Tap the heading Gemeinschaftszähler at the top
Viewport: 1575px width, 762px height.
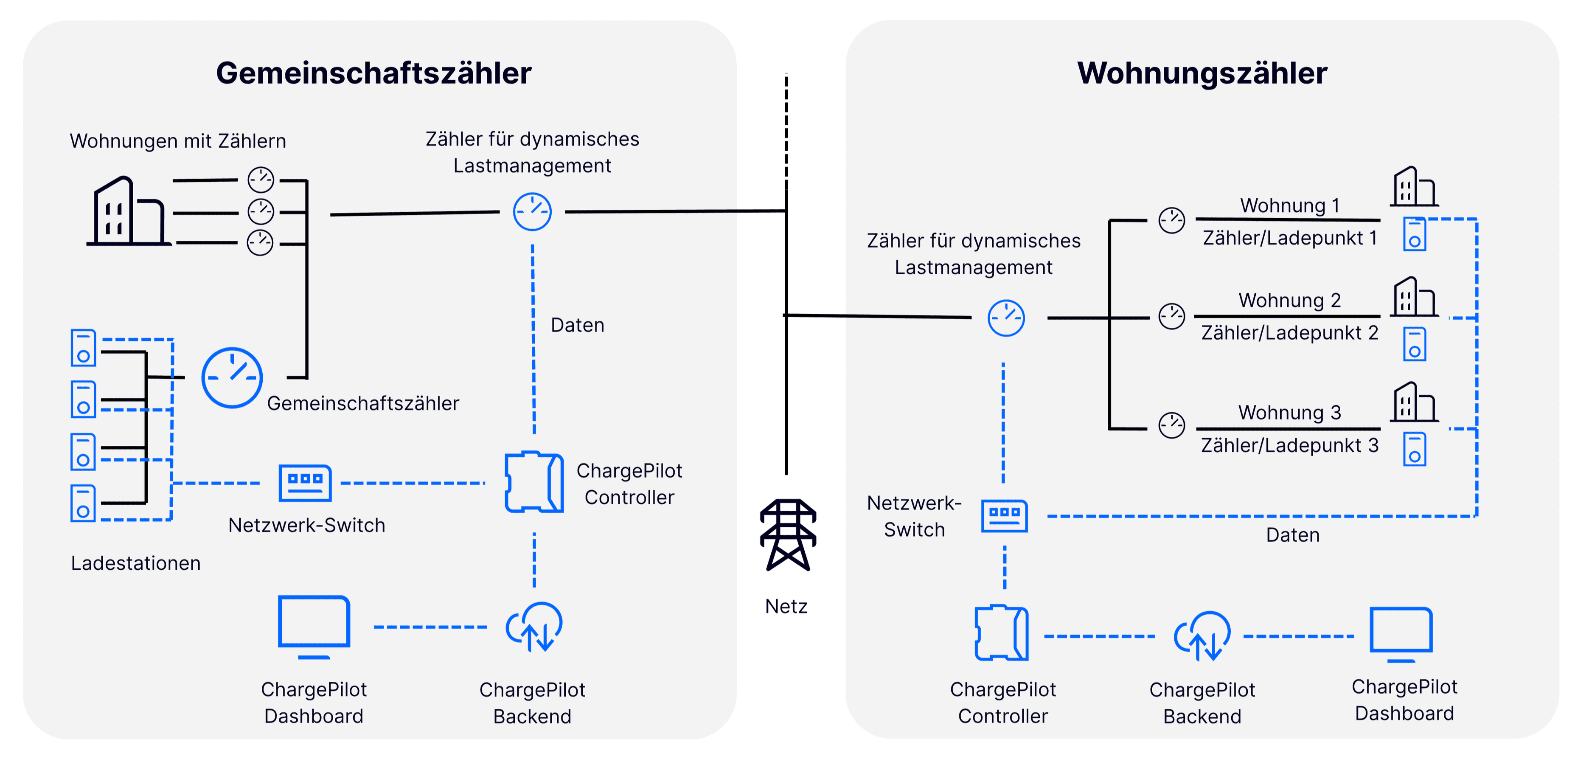pyautogui.click(x=373, y=73)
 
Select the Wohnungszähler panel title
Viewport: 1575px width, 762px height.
pyautogui.click(x=1202, y=73)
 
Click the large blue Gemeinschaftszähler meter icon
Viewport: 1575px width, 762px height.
pyautogui.click(x=232, y=378)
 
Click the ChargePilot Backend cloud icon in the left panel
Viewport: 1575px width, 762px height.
pyautogui.click(x=534, y=627)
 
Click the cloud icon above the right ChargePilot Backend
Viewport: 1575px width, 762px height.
pyautogui.click(x=1202, y=636)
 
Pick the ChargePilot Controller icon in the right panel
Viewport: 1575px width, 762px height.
pyautogui.click(x=1002, y=633)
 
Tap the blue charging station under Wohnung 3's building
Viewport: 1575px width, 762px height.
pyautogui.click(x=1414, y=450)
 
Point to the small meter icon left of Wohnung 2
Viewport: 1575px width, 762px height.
pyautogui.click(x=1171, y=316)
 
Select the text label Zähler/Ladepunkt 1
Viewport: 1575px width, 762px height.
pyautogui.click(x=1290, y=238)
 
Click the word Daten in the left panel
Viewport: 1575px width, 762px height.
pyautogui.click(x=577, y=325)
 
